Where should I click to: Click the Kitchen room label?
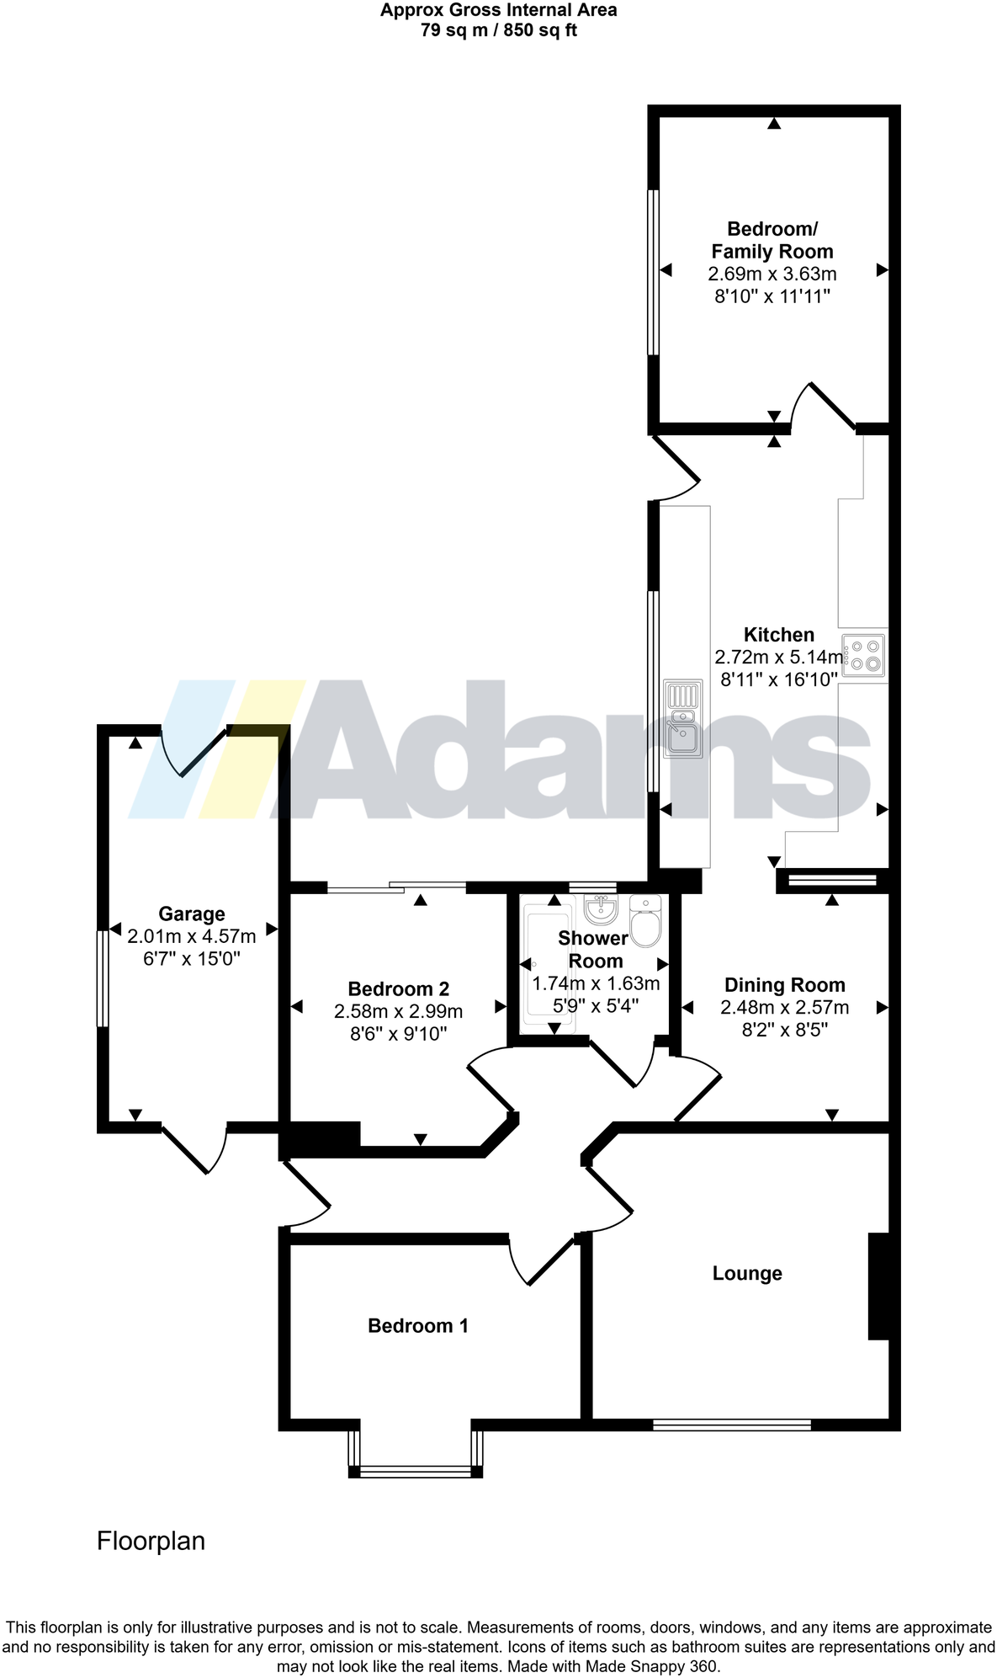tap(778, 635)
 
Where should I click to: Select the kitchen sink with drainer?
tap(682, 719)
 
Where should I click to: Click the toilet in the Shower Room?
tap(646, 922)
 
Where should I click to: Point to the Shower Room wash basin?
tap(601, 908)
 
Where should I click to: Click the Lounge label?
tap(747, 1273)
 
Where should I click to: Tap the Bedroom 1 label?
tap(418, 1326)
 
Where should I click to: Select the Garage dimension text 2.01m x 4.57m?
tap(192, 936)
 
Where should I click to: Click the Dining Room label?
tap(784, 985)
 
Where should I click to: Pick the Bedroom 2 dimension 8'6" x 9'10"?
tap(398, 1034)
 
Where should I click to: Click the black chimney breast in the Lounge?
tap(878, 1286)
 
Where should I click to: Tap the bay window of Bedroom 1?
tap(416, 1471)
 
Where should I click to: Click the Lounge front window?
tap(732, 1425)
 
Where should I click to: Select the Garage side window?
tap(103, 978)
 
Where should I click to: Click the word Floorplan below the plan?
tap(151, 1542)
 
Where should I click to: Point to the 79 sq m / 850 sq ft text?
tap(498, 31)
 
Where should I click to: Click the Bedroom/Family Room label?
tap(772, 240)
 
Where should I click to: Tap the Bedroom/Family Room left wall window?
tap(652, 272)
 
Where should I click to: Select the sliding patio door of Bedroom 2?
tap(395, 887)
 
